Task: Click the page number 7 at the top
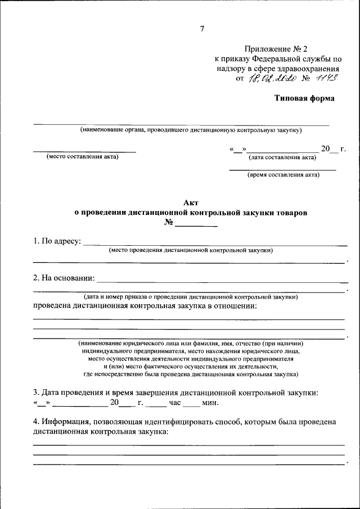click(202, 29)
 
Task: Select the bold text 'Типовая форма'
click(304, 98)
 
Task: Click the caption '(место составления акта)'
click(83, 157)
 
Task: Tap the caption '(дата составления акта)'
click(282, 157)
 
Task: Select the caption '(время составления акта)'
click(283, 175)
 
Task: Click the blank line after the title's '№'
click(196, 225)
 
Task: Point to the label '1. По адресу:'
click(57, 242)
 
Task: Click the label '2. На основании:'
click(64, 278)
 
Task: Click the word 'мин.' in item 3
click(209, 403)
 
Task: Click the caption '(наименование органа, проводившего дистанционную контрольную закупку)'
click(191, 130)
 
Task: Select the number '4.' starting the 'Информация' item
click(37, 422)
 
